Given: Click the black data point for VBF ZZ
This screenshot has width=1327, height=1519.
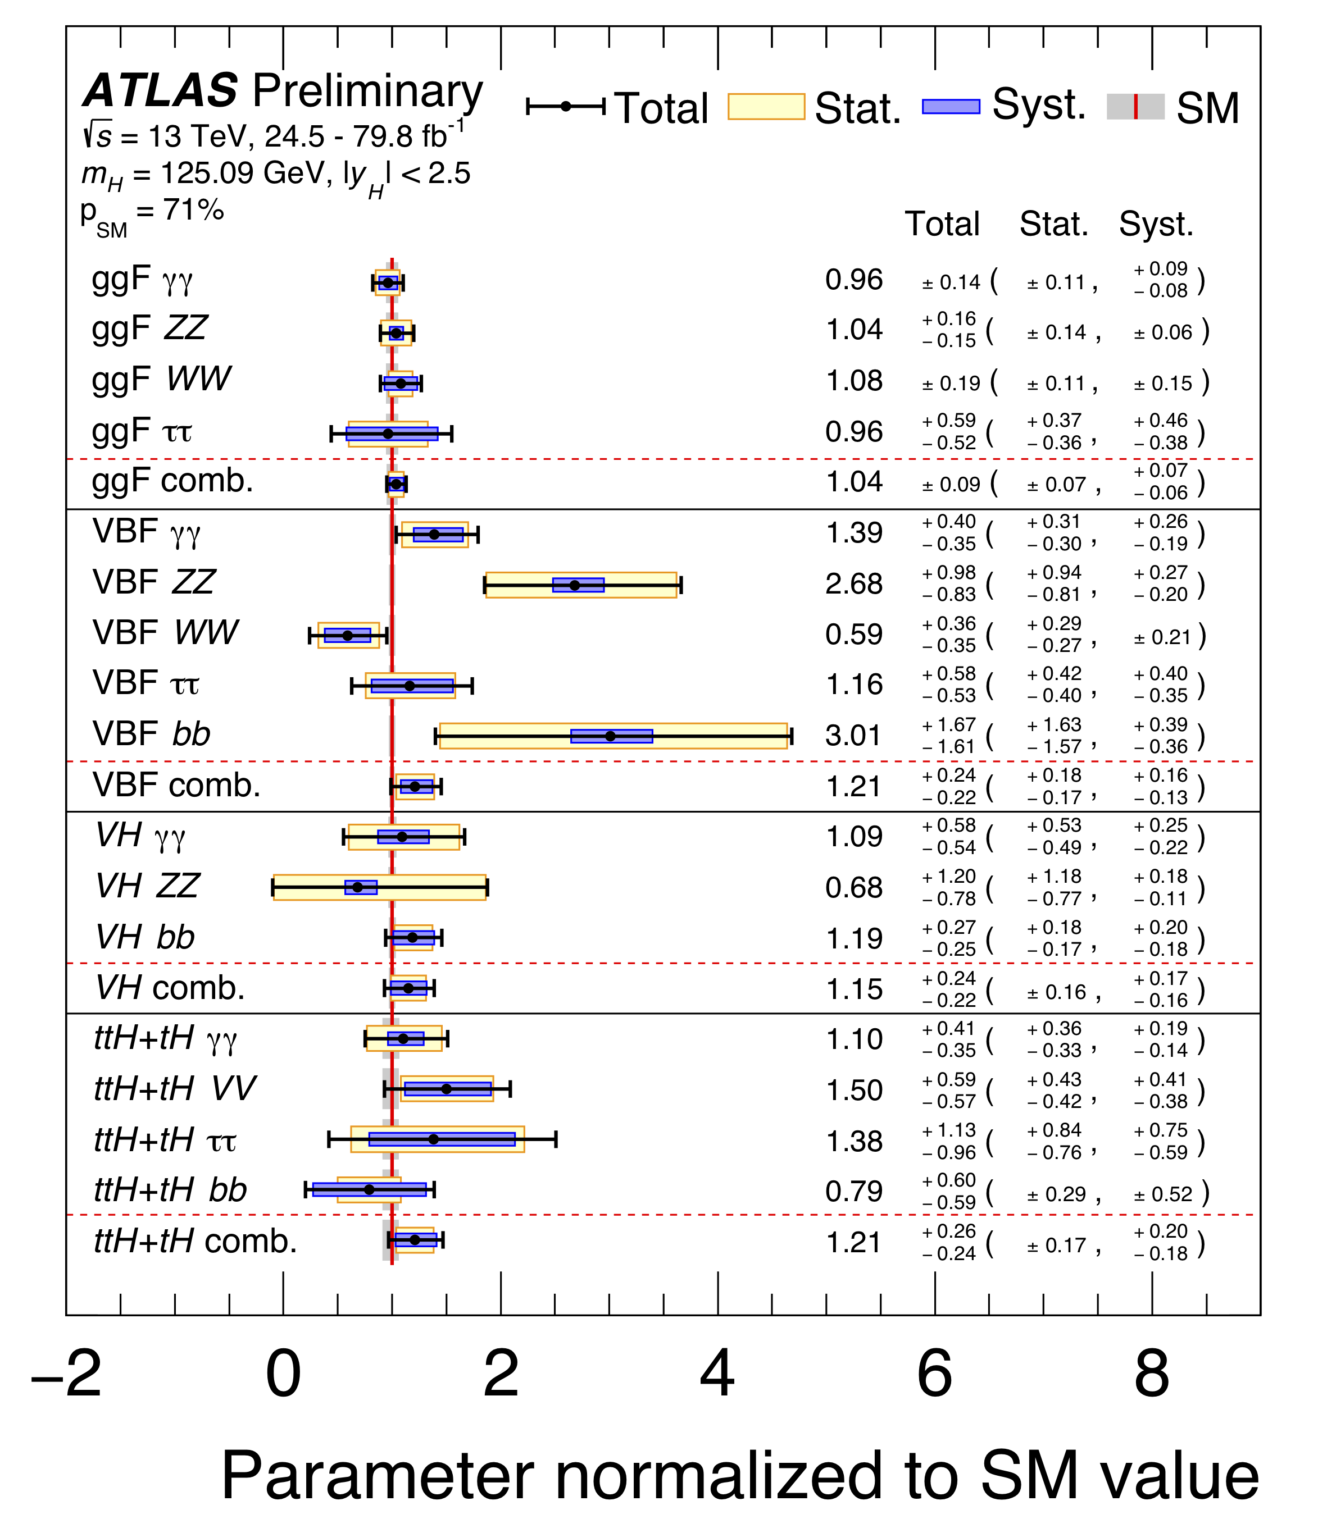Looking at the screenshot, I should (x=575, y=585).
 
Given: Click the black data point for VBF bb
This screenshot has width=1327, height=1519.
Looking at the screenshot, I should (x=610, y=736).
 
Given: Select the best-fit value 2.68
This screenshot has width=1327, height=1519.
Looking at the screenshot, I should (x=854, y=584).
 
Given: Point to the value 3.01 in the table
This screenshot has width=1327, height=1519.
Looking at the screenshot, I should (x=853, y=736).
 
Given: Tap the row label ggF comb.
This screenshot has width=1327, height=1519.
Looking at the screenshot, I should (x=172, y=481).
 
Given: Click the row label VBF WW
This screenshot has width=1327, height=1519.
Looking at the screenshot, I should (x=165, y=633).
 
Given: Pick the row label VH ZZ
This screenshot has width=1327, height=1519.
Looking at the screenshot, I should (x=148, y=886).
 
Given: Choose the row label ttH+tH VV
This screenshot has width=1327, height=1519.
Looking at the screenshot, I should (x=175, y=1089).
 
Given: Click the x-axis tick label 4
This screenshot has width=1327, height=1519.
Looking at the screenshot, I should (x=717, y=1374).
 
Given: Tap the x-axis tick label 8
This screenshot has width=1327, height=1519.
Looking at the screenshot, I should (x=1152, y=1374).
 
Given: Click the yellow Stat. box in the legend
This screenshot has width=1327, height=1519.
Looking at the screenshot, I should (x=766, y=107).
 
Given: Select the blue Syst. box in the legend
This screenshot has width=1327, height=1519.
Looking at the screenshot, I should (x=951, y=107).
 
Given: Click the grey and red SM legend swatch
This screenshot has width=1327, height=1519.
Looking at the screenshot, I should (x=1135, y=107).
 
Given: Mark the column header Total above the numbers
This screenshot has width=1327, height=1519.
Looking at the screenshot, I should (x=942, y=223).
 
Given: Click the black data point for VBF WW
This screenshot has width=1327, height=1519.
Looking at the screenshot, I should (x=347, y=635).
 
